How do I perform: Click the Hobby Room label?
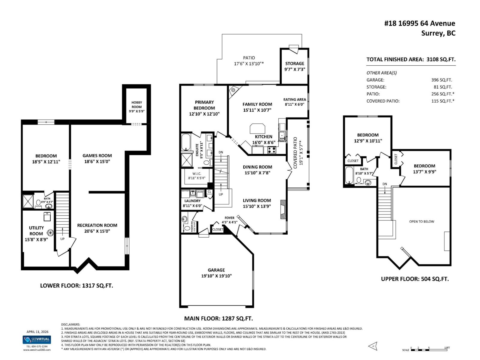coord(136,104)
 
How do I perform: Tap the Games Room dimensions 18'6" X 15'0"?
coord(97,161)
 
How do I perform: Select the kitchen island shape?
coord(257,128)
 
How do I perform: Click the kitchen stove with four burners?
coord(272,150)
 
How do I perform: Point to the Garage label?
coord(216,270)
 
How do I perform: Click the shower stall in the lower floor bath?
coord(28,201)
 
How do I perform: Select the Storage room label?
coord(295,64)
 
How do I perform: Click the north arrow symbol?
coord(373,346)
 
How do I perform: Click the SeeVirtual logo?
coord(37,340)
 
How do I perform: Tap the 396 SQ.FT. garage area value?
coord(442,80)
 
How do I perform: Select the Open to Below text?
coord(421,221)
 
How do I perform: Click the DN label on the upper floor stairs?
coord(385,184)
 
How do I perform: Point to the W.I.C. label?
coord(197,174)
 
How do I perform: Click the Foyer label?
coord(229,218)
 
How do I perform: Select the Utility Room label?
coord(36,231)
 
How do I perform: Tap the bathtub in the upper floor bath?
coord(349,176)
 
